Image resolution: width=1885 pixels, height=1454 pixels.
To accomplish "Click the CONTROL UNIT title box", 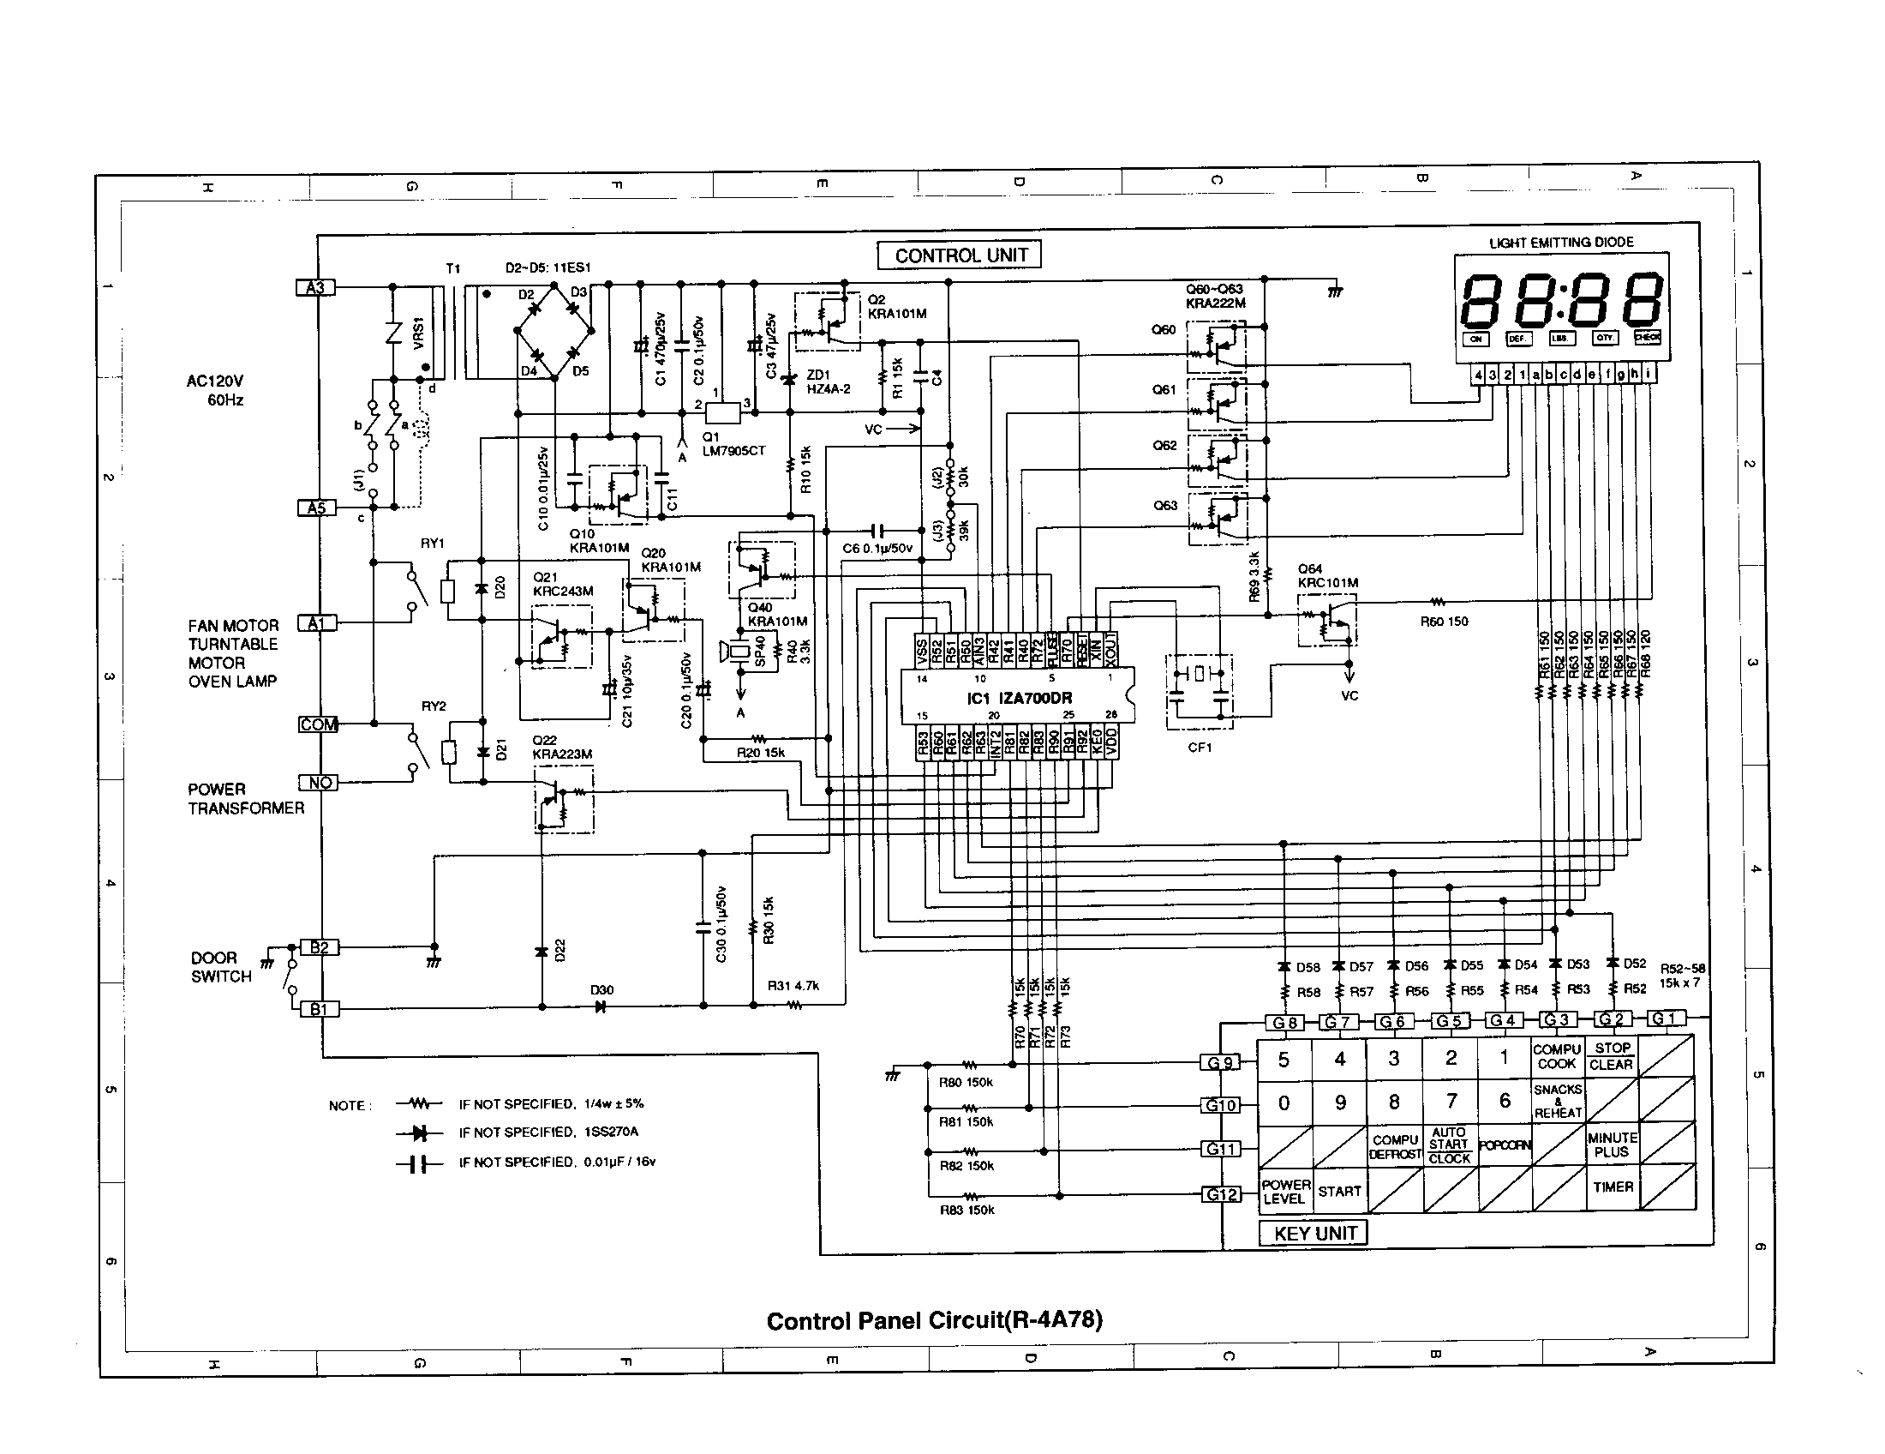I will pyautogui.click(x=960, y=255).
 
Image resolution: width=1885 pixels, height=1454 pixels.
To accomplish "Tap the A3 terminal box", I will pyautogui.click(x=315, y=287).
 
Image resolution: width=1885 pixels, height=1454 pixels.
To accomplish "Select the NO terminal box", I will pyautogui.click(x=319, y=782).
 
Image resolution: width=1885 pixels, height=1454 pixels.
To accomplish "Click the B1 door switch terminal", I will pyautogui.click(x=320, y=1008).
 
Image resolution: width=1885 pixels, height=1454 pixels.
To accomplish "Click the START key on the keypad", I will pyautogui.click(x=1338, y=1192).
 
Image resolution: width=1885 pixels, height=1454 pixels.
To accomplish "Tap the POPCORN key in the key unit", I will pyautogui.click(x=1505, y=1145).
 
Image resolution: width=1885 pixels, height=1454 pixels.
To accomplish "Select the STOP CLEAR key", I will pyautogui.click(x=1612, y=1055).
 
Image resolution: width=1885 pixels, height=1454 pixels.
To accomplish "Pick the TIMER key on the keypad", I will pyautogui.click(x=1613, y=1187).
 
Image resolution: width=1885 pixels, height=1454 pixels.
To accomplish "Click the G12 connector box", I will pyautogui.click(x=1221, y=1195).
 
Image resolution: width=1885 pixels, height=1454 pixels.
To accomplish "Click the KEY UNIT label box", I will pyautogui.click(x=1314, y=1233).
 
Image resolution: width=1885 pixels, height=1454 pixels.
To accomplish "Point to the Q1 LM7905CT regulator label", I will pyautogui.click(x=732, y=444).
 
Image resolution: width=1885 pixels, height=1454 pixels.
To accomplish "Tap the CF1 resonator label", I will pyautogui.click(x=1200, y=747).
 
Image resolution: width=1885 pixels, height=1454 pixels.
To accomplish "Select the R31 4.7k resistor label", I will pyautogui.click(x=793, y=986).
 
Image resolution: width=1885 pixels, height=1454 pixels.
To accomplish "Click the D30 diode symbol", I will pyautogui.click(x=601, y=1006).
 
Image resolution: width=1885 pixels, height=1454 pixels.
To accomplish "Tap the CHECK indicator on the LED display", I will pyautogui.click(x=1647, y=338).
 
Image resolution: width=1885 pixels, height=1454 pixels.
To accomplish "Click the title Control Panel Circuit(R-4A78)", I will pyautogui.click(x=934, y=1321).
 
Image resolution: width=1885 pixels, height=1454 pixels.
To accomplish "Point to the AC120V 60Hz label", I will pyautogui.click(x=216, y=390).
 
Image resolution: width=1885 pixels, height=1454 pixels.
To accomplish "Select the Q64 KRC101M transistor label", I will pyautogui.click(x=1326, y=576).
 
